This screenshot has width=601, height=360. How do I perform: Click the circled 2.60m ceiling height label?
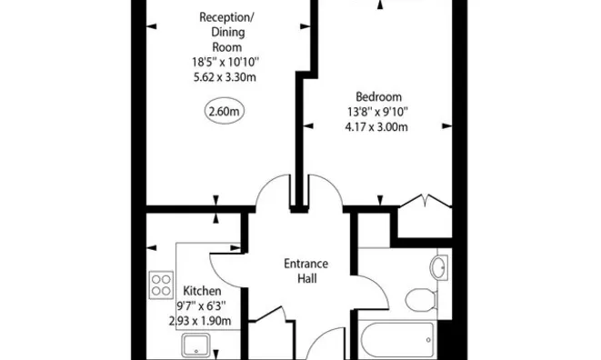(x=223, y=113)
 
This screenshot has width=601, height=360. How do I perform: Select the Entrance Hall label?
(x=306, y=271)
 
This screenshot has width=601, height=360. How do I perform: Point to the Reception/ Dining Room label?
(x=225, y=31)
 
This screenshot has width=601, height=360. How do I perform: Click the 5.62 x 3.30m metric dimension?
(x=225, y=77)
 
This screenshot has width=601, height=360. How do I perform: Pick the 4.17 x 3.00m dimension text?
(x=375, y=126)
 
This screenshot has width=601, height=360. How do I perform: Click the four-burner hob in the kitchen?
(x=162, y=285)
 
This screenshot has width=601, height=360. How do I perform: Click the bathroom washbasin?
(x=438, y=267)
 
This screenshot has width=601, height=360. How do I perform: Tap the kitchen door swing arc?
(x=225, y=265)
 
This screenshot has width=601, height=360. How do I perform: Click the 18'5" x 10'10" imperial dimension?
(x=225, y=62)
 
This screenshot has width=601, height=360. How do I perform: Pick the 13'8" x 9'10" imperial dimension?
(x=375, y=112)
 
